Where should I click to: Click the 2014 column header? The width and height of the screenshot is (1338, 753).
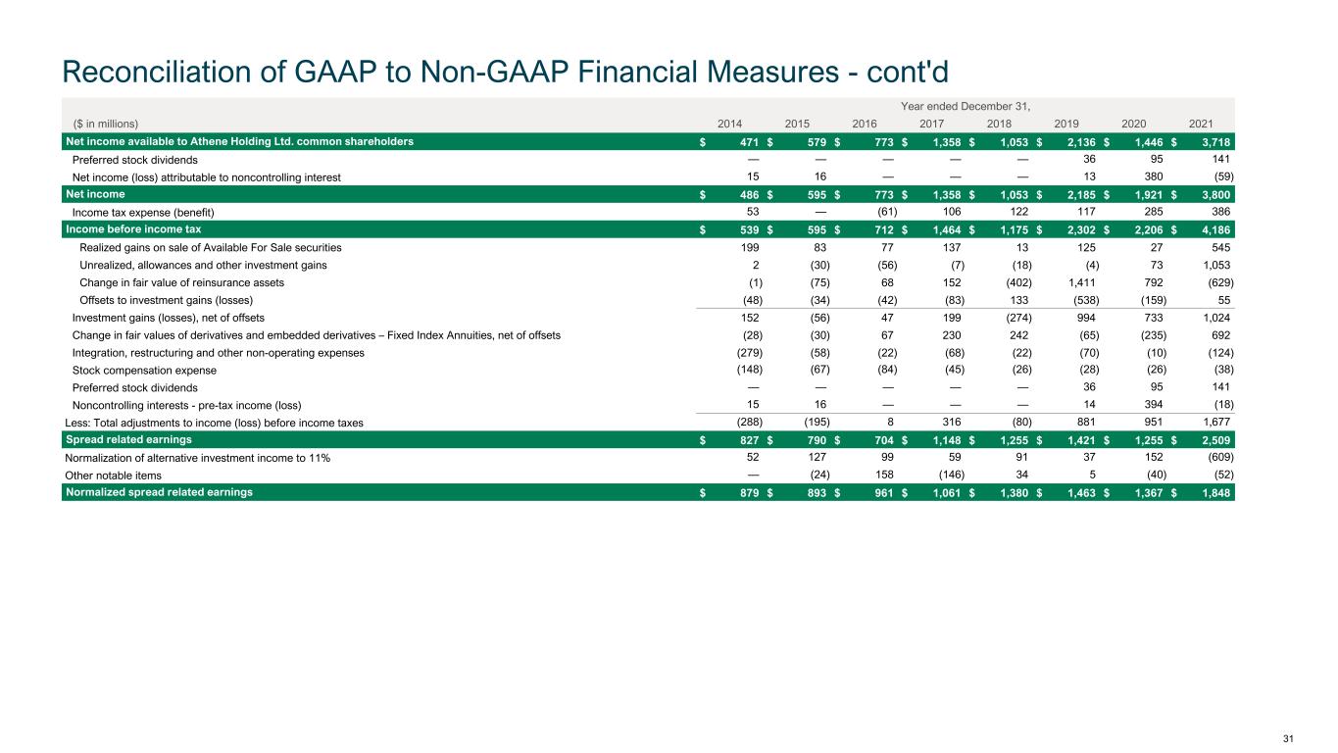coord(730,124)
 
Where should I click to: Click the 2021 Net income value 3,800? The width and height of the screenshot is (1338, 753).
coord(1214,195)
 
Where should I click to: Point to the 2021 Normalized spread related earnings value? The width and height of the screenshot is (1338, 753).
coord(1214,492)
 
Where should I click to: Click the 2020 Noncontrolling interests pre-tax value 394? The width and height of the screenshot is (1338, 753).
coord(1153,405)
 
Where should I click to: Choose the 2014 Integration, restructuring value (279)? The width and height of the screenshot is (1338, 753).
coord(749,353)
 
